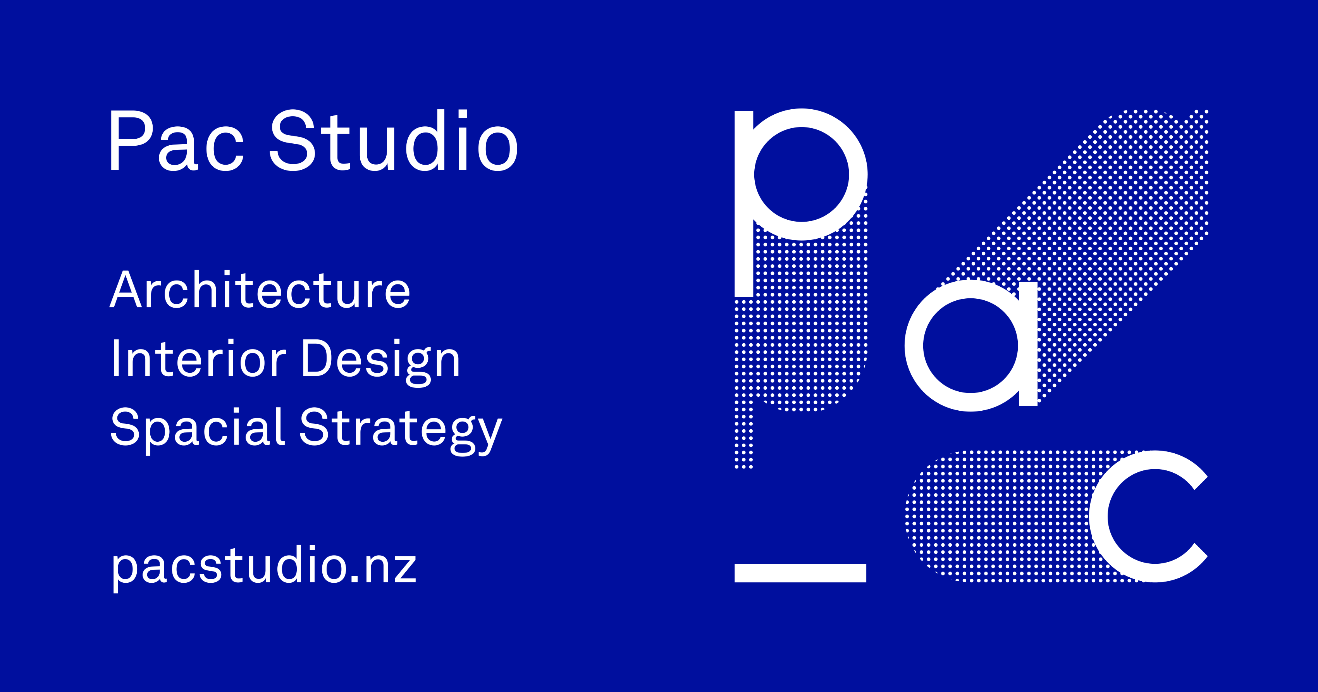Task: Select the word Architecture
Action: (260, 290)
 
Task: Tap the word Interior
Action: (198, 359)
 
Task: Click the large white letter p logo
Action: (745, 205)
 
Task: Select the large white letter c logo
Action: (1100, 517)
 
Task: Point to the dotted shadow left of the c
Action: (998, 517)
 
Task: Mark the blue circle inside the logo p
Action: (801, 174)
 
